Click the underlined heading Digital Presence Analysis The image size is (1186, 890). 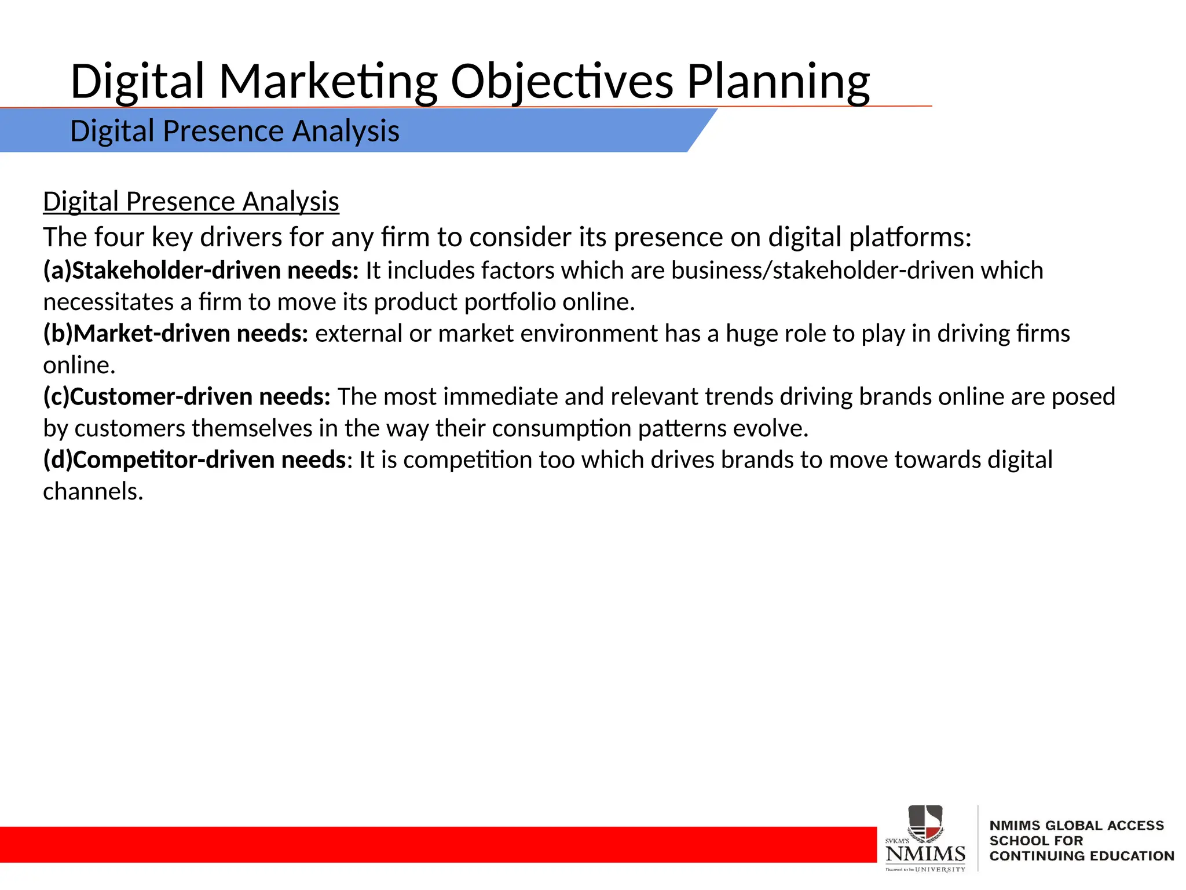tap(191, 202)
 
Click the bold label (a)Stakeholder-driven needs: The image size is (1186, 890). tap(201, 271)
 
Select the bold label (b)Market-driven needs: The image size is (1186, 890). tap(175, 334)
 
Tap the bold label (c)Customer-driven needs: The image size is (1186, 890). tap(186, 397)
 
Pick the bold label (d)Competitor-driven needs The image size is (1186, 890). tap(195, 460)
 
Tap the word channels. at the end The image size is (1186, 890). tap(93, 491)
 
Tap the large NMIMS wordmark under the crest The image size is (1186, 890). tap(925, 853)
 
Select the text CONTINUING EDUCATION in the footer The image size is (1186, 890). tap(1081, 856)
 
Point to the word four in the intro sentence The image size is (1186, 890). tap(119, 237)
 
